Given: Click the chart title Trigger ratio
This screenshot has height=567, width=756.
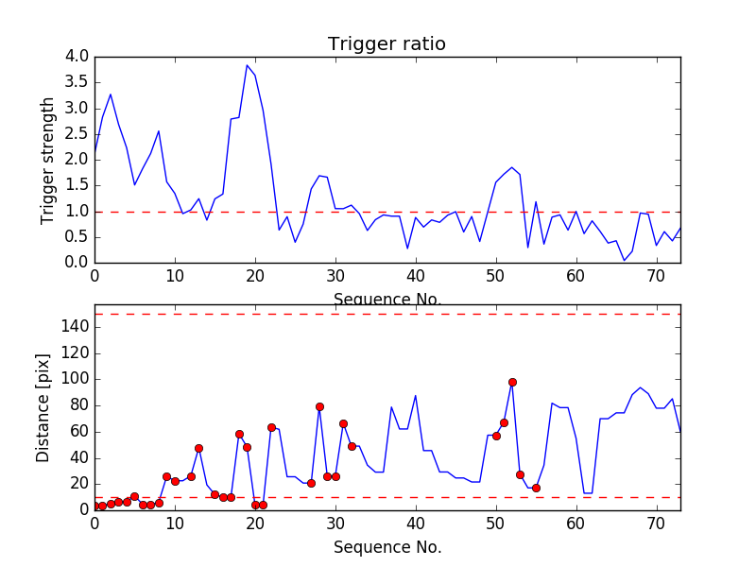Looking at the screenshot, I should (387, 44).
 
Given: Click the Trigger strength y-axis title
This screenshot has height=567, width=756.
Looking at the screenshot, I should (48, 160).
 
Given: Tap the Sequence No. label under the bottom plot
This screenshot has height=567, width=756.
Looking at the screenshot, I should (387, 547).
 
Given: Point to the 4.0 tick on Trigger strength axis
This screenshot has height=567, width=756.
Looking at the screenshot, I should (77, 57).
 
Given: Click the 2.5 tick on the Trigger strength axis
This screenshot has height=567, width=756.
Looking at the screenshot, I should (77, 134).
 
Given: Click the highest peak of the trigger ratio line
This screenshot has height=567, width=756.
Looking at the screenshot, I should (247, 65).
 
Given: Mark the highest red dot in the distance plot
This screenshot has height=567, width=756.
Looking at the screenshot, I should (512, 382).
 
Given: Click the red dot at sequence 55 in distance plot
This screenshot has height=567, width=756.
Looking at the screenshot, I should (536, 488).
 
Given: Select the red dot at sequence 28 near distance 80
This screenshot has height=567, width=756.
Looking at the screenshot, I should (319, 406).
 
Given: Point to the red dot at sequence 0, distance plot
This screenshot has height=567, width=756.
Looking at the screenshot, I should (94, 507).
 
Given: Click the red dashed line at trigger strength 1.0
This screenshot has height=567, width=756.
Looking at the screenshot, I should (378, 212).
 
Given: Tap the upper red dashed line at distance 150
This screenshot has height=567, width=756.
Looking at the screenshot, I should (378, 314).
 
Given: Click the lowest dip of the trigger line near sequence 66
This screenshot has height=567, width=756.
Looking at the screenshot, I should (625, 260).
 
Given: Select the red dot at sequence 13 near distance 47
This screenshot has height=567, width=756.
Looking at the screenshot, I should (198, 448).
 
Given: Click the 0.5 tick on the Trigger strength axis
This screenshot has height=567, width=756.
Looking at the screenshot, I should (77, 237).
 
